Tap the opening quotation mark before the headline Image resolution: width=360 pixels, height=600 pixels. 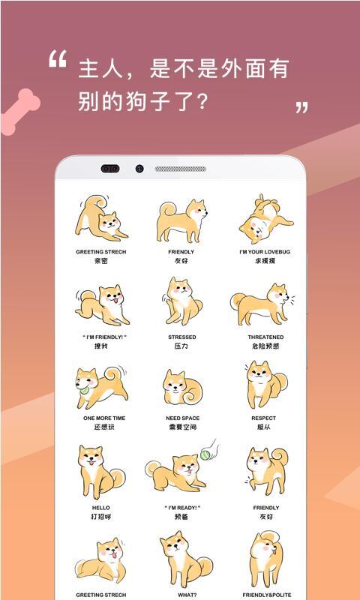click(58, 60)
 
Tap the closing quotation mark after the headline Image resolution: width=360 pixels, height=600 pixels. click(301, 107)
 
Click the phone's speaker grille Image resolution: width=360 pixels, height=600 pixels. click(180, 169)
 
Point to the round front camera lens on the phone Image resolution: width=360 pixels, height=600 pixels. click(139, 169)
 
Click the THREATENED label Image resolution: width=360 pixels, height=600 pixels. click(265, 337)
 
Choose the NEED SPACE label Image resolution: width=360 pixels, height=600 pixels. click(182, 418)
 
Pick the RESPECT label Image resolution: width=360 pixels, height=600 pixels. click(264, 418)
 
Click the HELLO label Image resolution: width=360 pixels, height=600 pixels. click(100, 508)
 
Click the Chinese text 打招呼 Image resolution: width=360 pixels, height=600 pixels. click(100, 517)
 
